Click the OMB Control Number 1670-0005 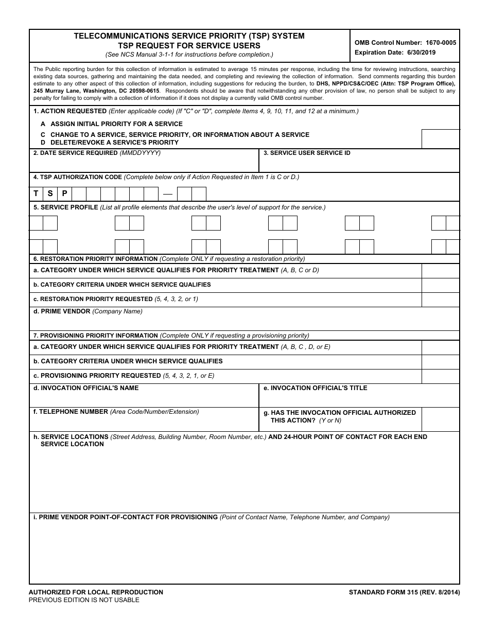coord(405,43)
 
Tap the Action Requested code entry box coord(440,139)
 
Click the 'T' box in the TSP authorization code coord(36,194)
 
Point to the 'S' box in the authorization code coord(50,194)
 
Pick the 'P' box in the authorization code coord(64,194)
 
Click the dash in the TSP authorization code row coord(167,195)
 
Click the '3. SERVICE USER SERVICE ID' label coord(307,153)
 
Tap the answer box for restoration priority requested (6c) coord(440,300)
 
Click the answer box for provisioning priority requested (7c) coord(440,376)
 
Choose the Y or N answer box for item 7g coord(440,419)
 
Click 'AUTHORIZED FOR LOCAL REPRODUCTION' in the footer coord(96,592)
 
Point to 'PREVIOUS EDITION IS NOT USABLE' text coord(84,600)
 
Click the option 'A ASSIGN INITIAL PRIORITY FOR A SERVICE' coord(112,124)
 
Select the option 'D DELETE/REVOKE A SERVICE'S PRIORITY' coord(110,143)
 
